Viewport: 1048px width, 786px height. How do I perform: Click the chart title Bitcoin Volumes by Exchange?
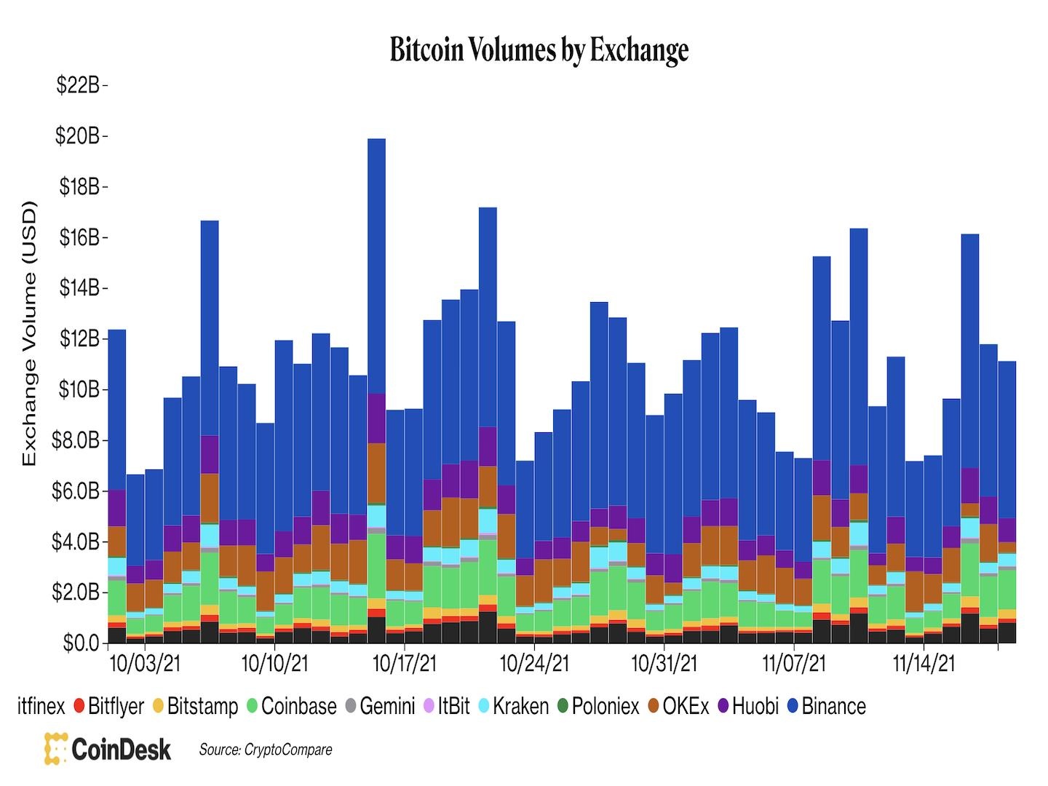pos(539,50)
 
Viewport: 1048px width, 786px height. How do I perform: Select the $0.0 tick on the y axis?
pos(81,643)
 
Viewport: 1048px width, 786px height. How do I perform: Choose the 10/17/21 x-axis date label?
pos(405,664)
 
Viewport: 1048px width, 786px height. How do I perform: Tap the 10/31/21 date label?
pos(664,664)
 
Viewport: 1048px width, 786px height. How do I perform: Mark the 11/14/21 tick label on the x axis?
pos(923,664)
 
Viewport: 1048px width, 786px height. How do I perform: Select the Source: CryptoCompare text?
pos(266,750)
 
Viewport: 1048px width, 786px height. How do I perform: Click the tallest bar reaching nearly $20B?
pos(376,291)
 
